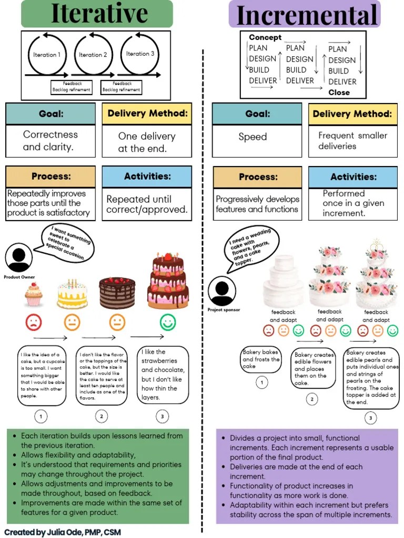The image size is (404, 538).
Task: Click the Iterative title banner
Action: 97,14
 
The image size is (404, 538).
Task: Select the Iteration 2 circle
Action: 93,55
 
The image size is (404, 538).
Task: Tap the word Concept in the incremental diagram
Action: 265,37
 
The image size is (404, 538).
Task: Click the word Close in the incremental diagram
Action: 339,92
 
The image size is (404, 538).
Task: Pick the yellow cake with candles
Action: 72,294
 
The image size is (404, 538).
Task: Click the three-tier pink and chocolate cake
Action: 167,281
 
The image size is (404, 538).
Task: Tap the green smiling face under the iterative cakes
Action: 168,322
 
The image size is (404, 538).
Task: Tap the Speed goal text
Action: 252,137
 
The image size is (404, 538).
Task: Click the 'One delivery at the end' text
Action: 146,142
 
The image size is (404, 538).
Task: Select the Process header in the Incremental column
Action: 257,177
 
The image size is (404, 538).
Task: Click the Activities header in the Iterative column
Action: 147,177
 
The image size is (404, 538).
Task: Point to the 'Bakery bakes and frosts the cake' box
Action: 261,360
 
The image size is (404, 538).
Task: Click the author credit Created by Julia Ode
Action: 63,532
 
